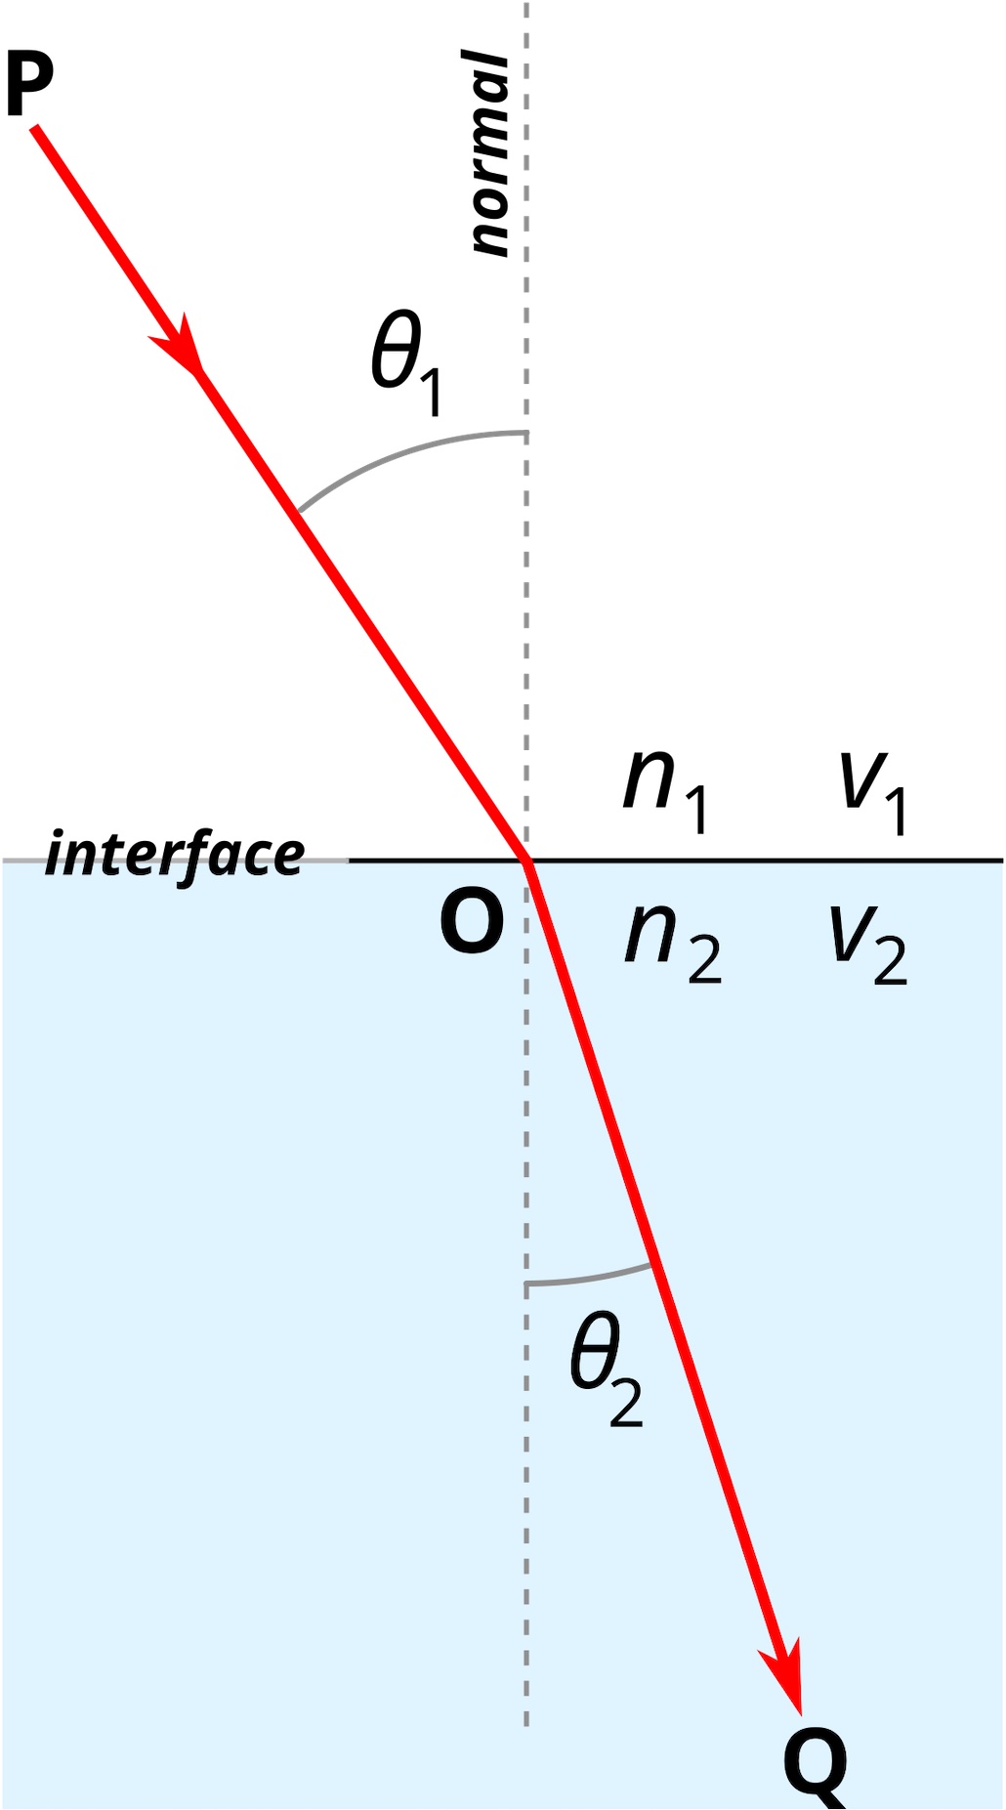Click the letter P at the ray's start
pyautogui.click(x=29, y=84)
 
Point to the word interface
pyautogui.click(x=175, y=855)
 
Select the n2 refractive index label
pyautogui.click(x=673, y=944)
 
